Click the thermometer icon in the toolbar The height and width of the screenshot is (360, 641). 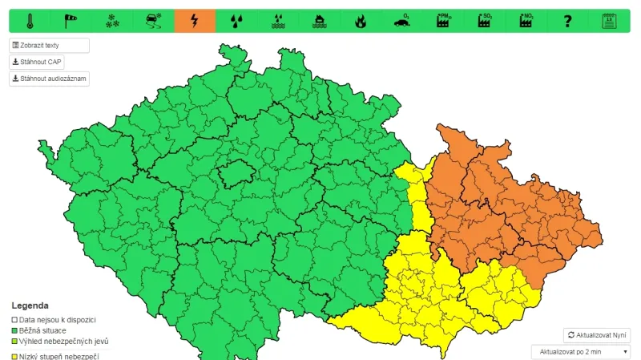tap(30, 21)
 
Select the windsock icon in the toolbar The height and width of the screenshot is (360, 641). tap(71, 21)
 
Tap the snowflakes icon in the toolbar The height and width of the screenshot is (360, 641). tap(112, 21)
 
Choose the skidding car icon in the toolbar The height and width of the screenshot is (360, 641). tap(153, 21)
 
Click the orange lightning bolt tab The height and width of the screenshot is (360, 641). tap(195, 21)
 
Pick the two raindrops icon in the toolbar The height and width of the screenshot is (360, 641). tap(236, 21)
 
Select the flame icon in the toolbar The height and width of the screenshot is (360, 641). tap(360, 21)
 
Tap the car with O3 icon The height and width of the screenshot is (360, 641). tap(401, 21)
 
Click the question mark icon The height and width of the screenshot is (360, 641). tap(567, 21)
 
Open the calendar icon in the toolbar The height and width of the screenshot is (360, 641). tap(609, 21)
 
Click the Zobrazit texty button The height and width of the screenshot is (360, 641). tap(49, 46)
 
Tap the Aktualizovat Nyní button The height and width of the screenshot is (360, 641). tap(597, 335)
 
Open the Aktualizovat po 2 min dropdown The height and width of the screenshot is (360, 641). tap(581, 352)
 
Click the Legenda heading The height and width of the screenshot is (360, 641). tap(30, 305)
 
